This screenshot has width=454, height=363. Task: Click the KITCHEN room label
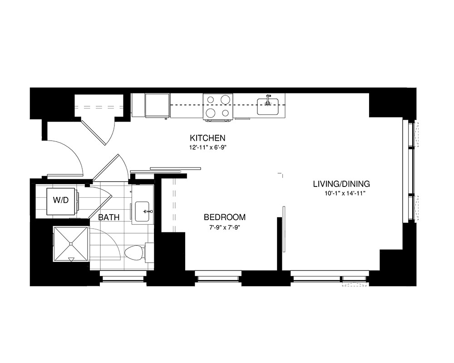coord(207,137)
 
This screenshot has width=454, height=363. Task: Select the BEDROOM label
coord(224,217)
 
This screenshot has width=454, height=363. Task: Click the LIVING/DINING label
coord(341,184)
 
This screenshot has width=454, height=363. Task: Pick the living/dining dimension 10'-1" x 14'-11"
coord(342,193)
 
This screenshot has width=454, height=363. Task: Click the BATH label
coord(109,217)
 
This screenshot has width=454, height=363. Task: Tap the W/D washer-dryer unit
coord(61,200)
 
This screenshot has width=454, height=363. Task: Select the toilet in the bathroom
coord(135,253)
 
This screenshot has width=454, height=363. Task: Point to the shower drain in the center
coord(71,244)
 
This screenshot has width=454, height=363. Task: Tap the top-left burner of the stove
coord(211,100)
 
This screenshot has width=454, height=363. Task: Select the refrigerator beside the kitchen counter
coord(157,105)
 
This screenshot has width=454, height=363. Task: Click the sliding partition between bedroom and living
coord(284,229)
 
